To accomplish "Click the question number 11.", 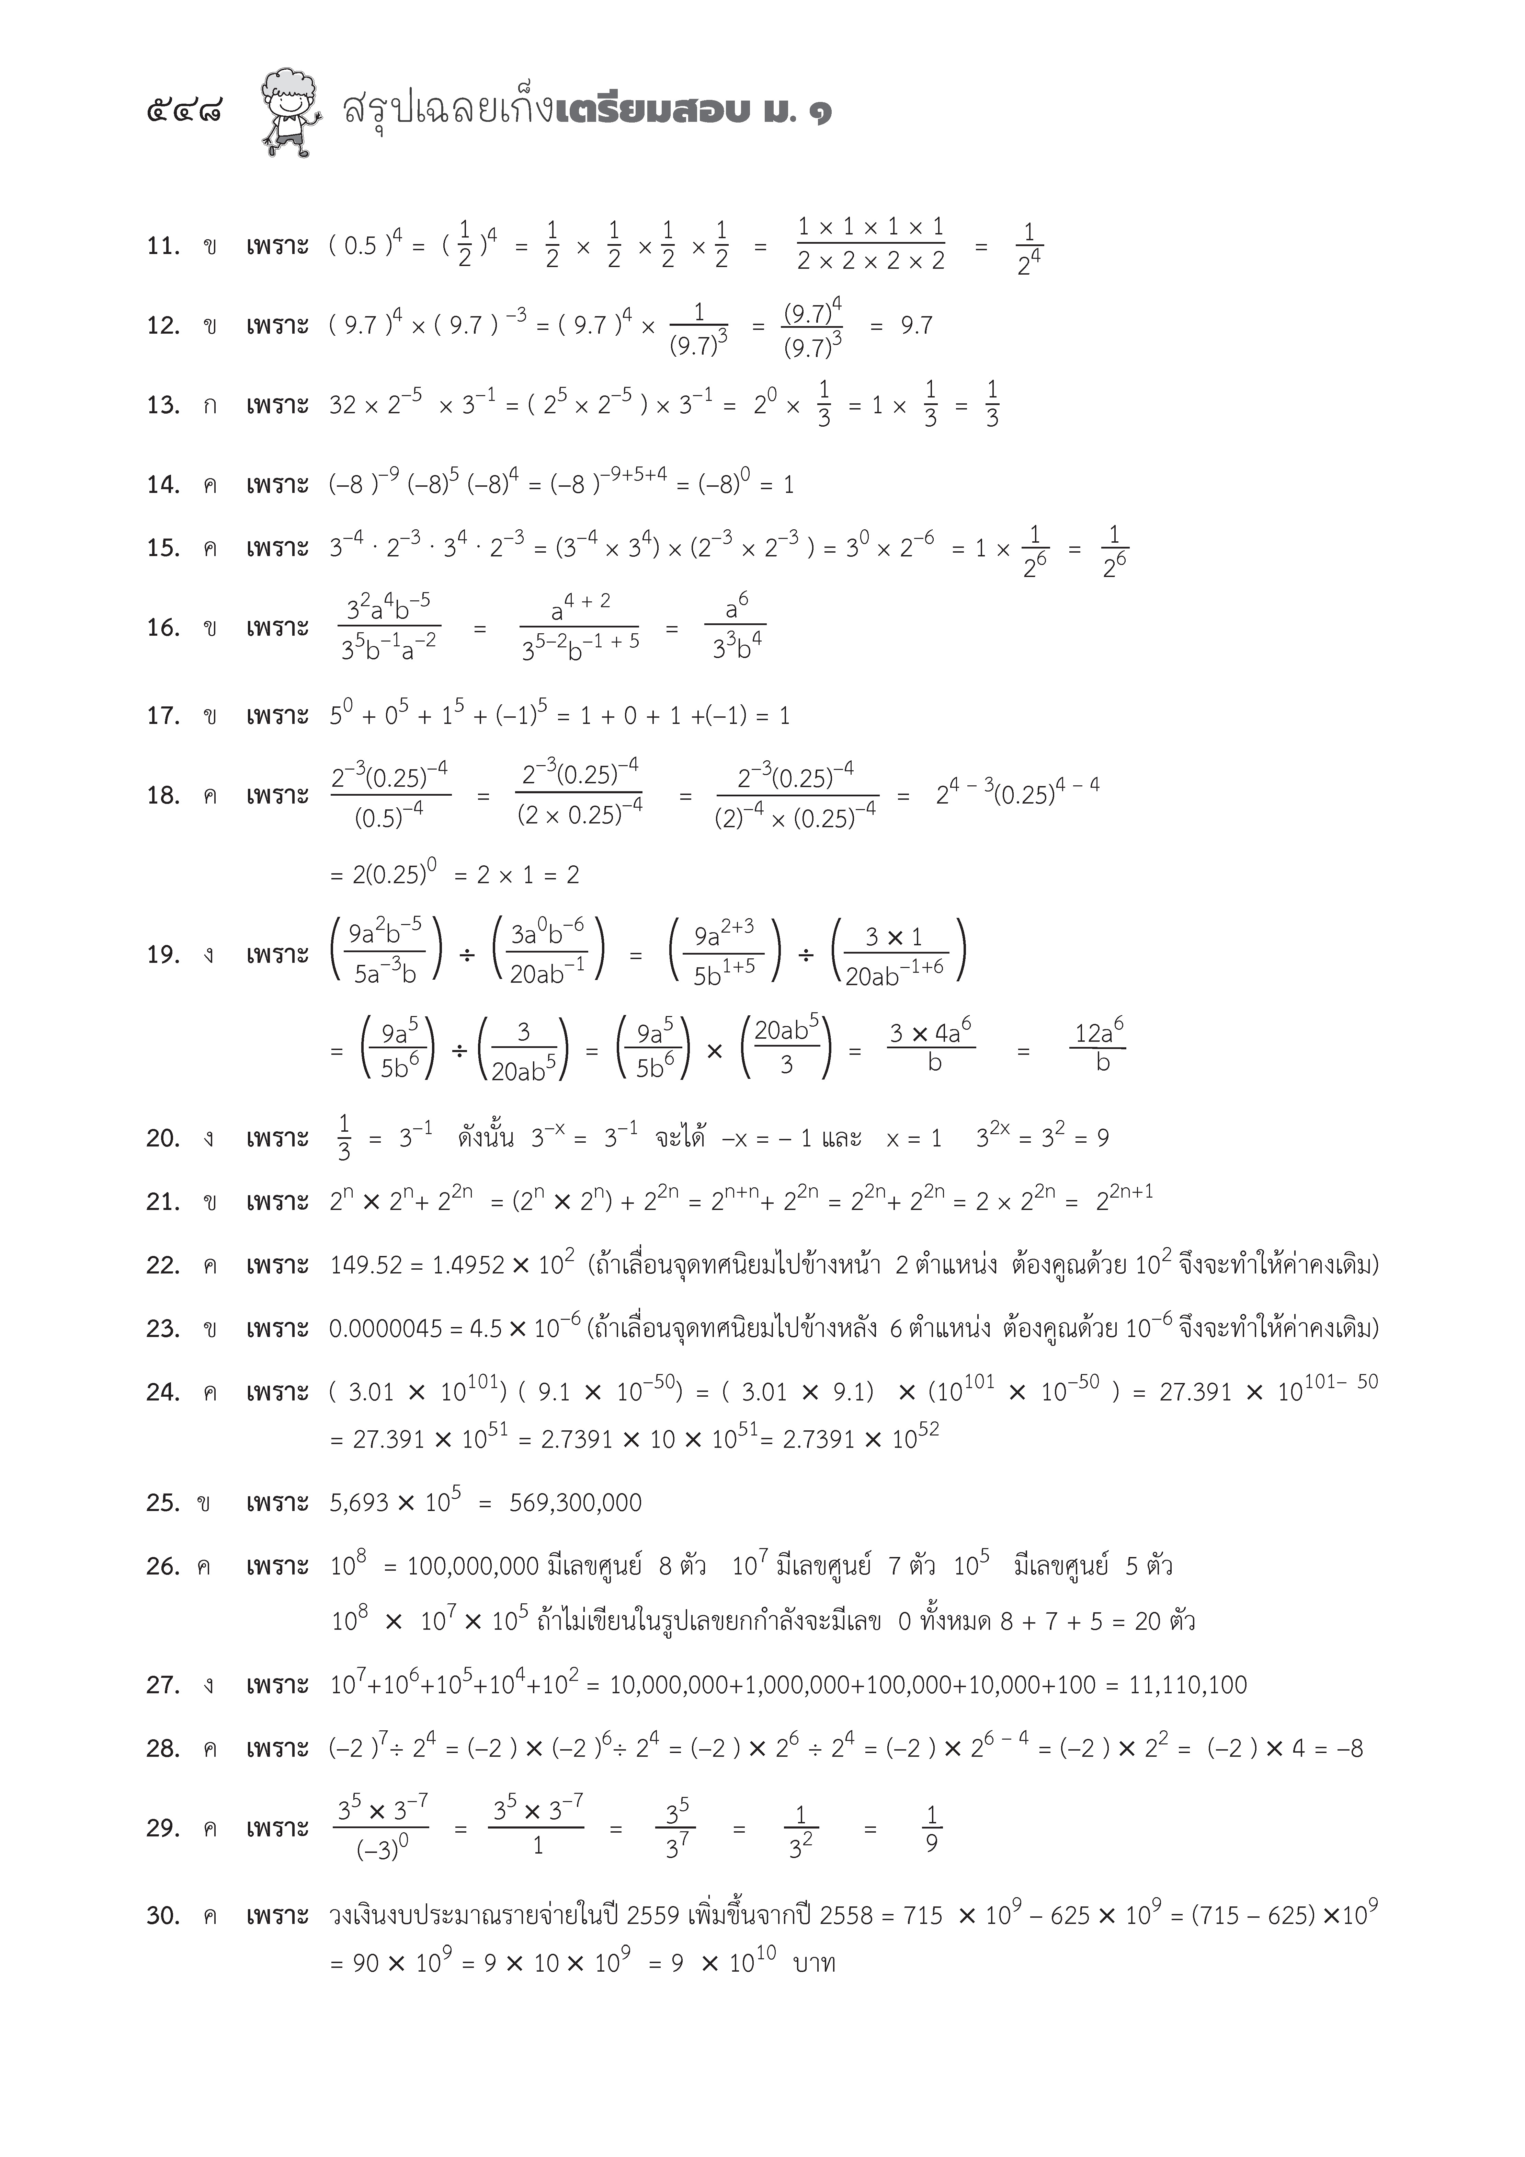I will coord(162,246).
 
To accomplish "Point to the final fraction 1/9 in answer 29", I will coord(931,1828).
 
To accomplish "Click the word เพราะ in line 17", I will coord(277,716).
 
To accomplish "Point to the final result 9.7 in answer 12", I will coord(916,326).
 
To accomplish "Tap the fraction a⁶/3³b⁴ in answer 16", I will coord(736,627).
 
